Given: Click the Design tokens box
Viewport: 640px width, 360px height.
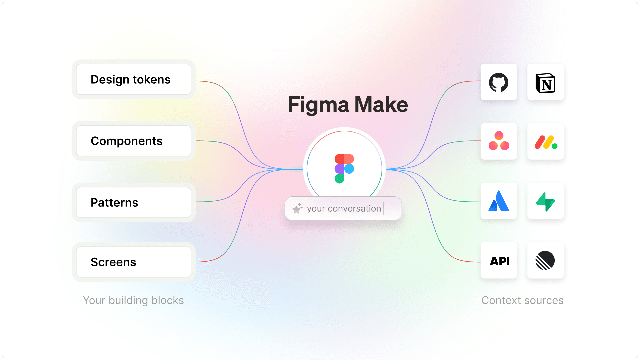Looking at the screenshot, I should point(133,79).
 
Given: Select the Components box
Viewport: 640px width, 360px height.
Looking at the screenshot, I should point(133,141).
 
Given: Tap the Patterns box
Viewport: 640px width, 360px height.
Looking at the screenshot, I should point(133,202).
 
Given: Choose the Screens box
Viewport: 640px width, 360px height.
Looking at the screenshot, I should point(133,262).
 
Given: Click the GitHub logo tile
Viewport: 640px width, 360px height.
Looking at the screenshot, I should point(499,82).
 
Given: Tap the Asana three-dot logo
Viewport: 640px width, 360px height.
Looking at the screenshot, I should point(499,141).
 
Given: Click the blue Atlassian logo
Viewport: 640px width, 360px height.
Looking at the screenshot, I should point(499,201).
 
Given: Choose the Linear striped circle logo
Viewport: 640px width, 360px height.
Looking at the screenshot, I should point(545,260).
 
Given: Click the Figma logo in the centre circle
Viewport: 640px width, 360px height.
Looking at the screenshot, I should point(344,169).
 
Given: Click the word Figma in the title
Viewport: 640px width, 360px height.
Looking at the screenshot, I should point(318,105).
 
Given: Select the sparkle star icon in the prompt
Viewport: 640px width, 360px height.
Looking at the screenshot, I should point(297,208).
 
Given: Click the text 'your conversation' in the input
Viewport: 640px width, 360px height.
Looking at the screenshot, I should point(344,208).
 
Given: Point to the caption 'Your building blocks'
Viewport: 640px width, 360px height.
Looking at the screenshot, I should point(133,300).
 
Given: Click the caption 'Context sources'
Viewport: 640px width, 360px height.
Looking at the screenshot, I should point(522,300).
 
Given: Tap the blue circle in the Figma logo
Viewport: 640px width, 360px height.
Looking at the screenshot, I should point(349,169).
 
